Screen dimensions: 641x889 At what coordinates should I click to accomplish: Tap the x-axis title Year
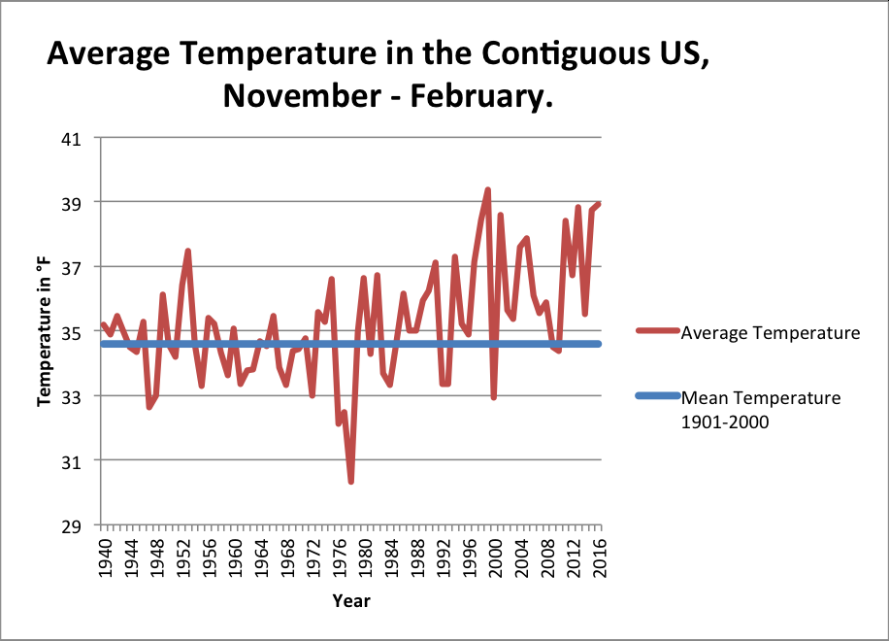(x=350, y=600)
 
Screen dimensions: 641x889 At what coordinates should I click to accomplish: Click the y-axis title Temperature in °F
(x=45, y=331)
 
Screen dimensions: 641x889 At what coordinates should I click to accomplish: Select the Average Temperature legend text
(x=771, y=332)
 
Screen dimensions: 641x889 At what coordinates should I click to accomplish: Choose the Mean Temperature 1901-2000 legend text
(x=761, y=410)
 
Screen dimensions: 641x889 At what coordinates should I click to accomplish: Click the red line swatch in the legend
(x=657, y=332)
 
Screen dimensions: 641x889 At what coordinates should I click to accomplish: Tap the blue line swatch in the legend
(x=657, y=396)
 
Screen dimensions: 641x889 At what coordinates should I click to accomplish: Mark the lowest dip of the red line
(x=350, y=481)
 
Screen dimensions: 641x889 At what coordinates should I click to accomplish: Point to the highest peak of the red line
(x=487, y=189)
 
